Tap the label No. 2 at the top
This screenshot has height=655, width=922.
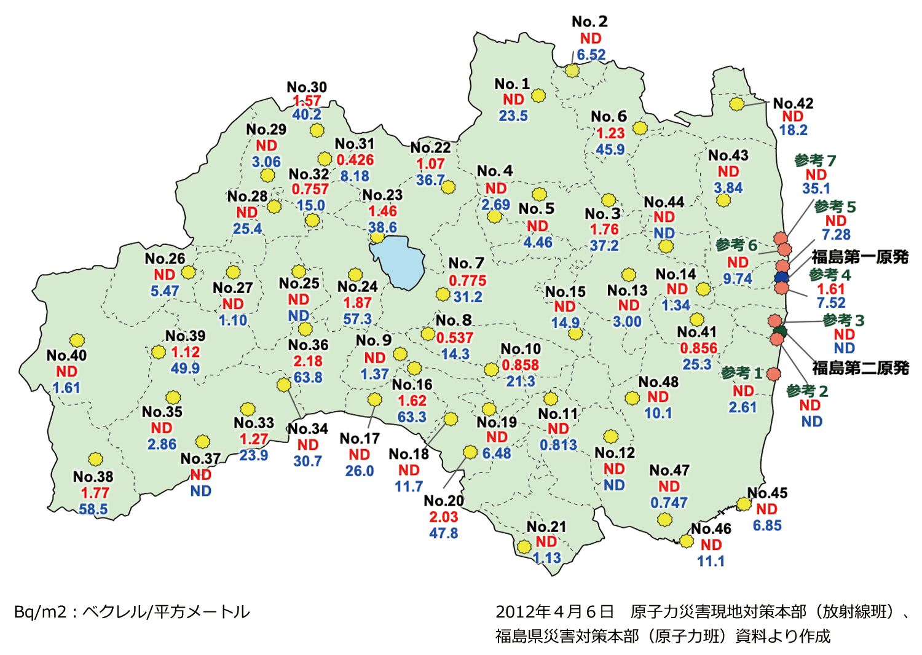[x=589, y=22]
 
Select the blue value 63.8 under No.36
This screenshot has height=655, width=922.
[x=308, y=377]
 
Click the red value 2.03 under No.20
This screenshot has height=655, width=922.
[x=444, y=517]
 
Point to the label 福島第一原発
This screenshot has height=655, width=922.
[x=860, y=257]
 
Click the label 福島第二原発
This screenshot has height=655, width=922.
[x=860, y=367]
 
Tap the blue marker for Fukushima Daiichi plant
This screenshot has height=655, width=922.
[x=781, y=277]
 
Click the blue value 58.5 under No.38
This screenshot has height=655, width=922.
[x=93, y=509]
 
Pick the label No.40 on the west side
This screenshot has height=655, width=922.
[x=66, y=355]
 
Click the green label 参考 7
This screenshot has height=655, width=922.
[x=815, y=160]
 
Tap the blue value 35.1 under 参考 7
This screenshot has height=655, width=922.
[x=816, y=189]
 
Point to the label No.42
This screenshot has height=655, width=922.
[x=793, y=103]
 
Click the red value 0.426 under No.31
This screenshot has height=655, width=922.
[x=355, y=160]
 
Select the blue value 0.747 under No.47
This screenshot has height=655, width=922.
[x=669, y=502]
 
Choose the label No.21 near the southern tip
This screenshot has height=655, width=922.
[x=546, y=527]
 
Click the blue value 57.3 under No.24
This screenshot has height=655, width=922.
[x=357, y=319]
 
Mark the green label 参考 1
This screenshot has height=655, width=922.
[x=742, y=373]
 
